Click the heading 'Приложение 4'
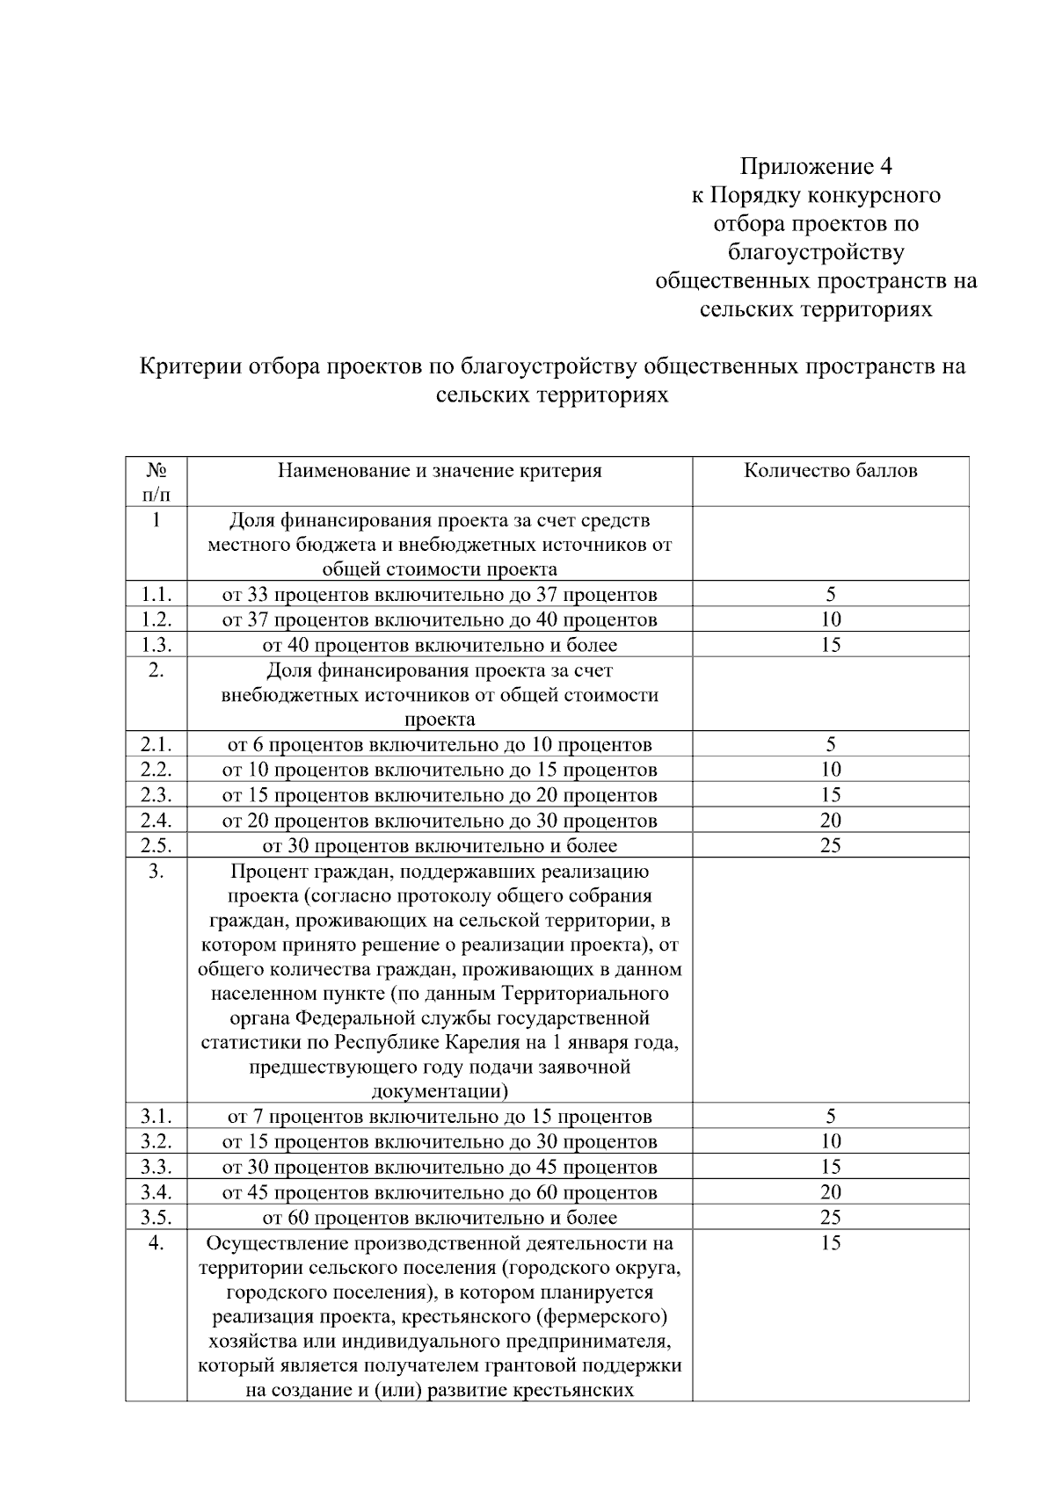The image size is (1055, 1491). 816,166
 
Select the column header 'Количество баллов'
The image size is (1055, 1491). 830,471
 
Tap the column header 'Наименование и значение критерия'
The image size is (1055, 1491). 440,471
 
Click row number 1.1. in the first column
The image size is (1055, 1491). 156,595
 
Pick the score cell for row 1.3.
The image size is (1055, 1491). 830,645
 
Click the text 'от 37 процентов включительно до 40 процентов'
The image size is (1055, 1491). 440,620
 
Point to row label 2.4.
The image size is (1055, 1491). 156,821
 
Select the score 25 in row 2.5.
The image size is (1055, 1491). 830,846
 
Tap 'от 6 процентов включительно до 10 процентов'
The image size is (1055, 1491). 440,745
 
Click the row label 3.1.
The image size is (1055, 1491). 156,1117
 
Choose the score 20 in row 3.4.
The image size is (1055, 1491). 830,1192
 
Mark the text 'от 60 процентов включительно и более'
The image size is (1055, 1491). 440,1218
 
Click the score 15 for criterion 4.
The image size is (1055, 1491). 830,1243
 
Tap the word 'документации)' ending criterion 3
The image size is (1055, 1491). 440,1092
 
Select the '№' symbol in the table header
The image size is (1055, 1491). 156,471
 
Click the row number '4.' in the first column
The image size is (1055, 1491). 156,1243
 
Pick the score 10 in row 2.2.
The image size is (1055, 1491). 830,770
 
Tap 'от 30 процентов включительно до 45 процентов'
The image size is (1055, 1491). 440,1168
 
